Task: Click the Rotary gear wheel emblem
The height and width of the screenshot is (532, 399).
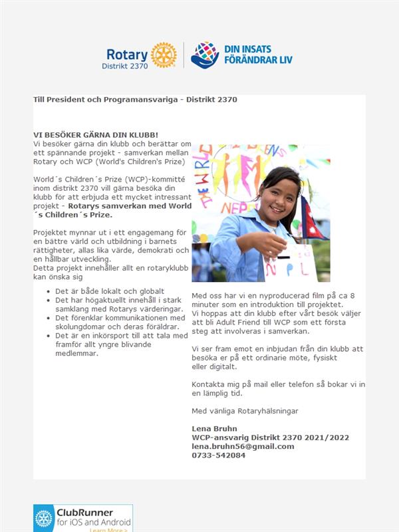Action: (x=164, y=55)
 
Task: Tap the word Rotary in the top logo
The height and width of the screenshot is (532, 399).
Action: (x=126, y=54)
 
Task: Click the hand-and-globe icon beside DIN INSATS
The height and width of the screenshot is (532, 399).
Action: (x=205, y=55)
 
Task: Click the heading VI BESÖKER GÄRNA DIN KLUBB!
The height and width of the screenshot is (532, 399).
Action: (x=96, y=134)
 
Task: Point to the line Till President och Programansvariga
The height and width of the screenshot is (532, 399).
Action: (x=135, y=99)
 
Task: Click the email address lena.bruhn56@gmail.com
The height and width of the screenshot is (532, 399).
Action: (x=243, y=446)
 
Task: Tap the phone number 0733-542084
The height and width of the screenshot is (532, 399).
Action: (x=218, y=455)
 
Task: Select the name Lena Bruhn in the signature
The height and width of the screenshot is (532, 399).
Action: (x=214, y=428)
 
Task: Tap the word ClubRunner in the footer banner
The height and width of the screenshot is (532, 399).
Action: (x=92, y=513)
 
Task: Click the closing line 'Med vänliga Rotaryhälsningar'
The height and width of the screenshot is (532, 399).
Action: (x=245, y=411)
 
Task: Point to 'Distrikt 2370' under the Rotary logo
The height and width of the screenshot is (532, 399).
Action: (x=124, y=66)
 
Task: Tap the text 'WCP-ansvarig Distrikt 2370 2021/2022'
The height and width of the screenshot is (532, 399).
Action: (x=270, y=438)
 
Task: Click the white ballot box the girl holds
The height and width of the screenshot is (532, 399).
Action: (x=291, y=263)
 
